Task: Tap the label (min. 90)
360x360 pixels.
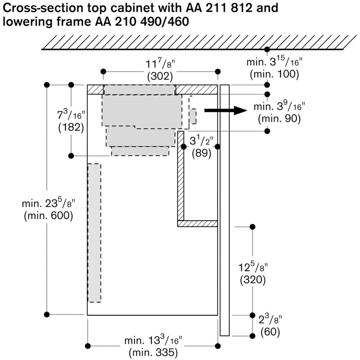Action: point(279,119)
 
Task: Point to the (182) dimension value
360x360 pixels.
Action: point(72,127)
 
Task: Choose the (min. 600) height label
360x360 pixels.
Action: point(49,216)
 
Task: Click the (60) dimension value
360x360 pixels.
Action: point(270,333)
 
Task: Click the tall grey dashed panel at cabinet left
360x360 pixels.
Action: point(94,233)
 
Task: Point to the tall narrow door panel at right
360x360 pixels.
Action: point(225,209)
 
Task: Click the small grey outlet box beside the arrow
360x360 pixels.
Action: point(193,116)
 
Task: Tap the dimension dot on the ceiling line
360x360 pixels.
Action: point(267,49)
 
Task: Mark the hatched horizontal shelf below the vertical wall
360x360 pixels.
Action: point(198,223)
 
